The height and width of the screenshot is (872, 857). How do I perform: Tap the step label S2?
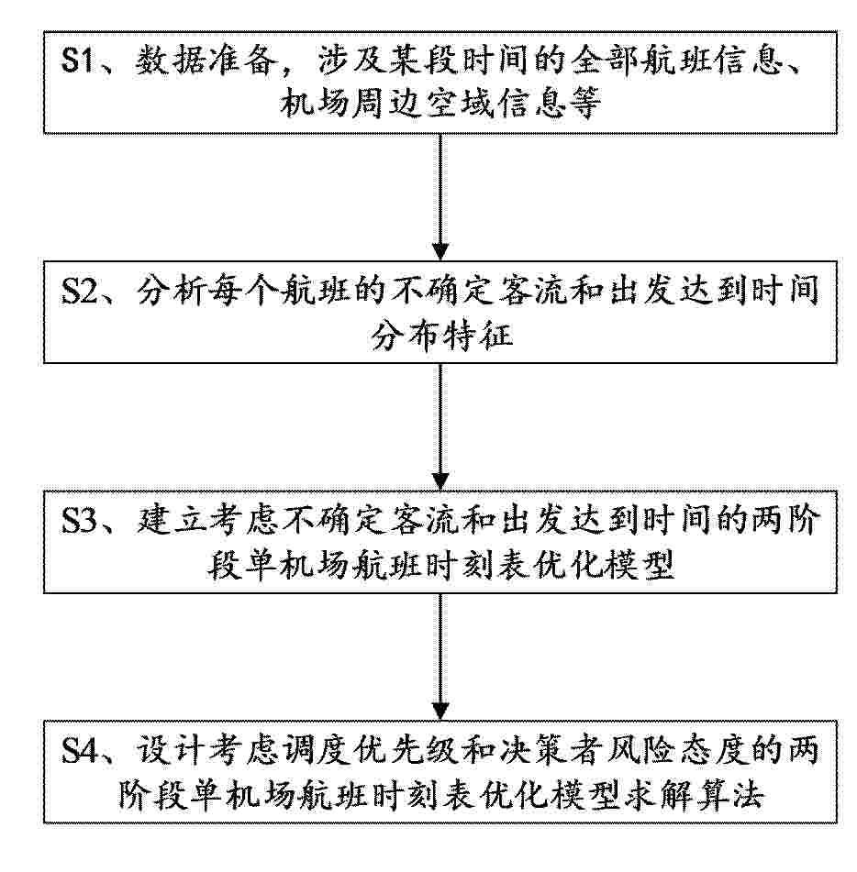(x=79, y=290)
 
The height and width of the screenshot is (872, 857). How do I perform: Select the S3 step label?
(x=79, y=520)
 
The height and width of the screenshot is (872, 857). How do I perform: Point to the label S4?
(x=79, y=750)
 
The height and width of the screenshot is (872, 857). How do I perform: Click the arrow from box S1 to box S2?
(x=440, y=197)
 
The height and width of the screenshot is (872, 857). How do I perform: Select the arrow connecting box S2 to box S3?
(x=440, y=427)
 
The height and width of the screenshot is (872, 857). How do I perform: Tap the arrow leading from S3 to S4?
(x=440, y=657)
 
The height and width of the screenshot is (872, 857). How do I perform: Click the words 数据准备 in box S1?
(x=206, y=60)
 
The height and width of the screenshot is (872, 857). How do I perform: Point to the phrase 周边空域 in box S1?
(x=422, y=103)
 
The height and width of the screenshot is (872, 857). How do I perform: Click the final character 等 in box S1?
(x=584, y=103)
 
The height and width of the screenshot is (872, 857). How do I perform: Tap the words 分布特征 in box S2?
(x=441, y=336)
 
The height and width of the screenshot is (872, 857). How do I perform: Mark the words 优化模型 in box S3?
(x=603, y=566)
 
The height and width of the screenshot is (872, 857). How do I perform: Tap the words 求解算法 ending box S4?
(x=694, y=795)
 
